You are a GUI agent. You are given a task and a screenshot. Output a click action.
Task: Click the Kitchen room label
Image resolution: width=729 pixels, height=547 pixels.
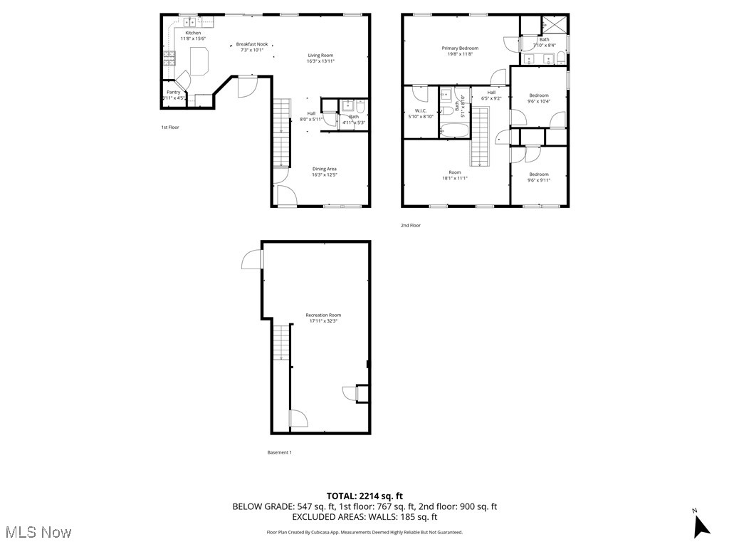[x=193, y=33]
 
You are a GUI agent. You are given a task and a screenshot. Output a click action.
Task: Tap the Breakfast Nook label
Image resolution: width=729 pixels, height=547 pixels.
[x=252, y=44]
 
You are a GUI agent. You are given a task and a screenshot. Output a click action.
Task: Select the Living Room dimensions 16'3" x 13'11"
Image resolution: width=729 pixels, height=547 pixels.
[x=320, y=61]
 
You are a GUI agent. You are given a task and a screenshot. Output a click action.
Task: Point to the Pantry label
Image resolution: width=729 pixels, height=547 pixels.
[x=173, y=92]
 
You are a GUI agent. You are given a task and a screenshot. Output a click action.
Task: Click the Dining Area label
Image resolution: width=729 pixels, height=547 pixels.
[x=324, y=169]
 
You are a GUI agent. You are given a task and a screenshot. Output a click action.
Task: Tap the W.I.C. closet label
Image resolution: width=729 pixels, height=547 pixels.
[x=420, y=110]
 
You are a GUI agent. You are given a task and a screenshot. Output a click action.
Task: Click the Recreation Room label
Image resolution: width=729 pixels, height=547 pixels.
[x=323, y=315]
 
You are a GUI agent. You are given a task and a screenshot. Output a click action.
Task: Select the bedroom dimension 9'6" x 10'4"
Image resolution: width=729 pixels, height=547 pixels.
[x=539, y=101]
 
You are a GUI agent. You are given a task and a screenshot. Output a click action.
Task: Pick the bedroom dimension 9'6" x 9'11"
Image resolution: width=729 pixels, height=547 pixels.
[x=539, y=180]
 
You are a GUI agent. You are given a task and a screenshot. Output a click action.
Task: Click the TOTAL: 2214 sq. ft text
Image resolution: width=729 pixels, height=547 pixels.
[x=364, y=496]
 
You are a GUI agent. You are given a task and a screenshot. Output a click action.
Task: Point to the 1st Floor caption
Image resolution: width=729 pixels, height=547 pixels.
[x=169, y=127]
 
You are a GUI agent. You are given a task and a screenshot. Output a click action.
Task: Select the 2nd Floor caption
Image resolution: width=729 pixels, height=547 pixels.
[x=410, y=225]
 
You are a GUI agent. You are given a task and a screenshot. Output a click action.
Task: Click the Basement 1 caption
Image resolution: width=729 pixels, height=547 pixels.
[x=279, y=452]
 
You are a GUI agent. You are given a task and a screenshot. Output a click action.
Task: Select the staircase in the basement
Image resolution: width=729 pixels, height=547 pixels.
[x=283, y=343]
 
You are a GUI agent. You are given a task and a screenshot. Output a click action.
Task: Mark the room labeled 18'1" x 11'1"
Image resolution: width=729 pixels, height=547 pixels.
[x=455, y=175]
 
